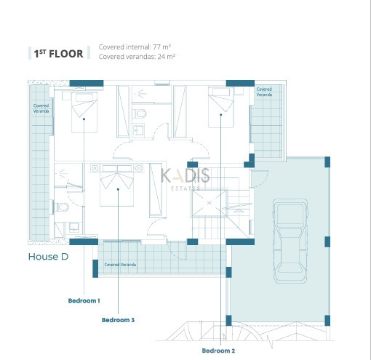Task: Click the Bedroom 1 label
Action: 84,300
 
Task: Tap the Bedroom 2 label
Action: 218,351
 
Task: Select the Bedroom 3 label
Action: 118,320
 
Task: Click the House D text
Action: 48,257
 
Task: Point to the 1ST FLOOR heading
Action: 58,54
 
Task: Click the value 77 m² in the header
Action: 161,47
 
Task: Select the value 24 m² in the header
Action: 167,57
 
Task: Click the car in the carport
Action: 290,241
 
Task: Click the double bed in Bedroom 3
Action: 117,185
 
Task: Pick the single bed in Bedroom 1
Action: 84,112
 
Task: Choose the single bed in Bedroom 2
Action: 221,107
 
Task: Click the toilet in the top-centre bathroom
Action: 140,113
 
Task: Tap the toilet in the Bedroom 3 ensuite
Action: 62,207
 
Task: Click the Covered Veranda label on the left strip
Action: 41,108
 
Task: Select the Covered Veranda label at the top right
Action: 264,92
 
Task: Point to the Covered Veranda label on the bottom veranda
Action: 120,265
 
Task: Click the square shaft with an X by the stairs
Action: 210,203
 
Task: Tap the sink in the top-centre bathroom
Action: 138,130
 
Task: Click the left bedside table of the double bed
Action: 95,168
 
